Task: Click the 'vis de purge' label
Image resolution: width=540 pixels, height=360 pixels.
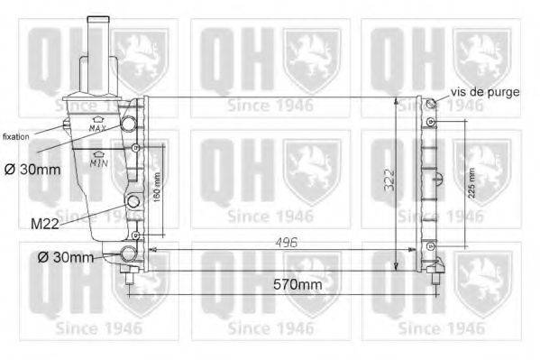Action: (485, 92)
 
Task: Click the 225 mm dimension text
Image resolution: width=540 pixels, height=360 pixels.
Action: (471, 184)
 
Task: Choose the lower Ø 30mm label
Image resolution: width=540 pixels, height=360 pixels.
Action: (67, 258)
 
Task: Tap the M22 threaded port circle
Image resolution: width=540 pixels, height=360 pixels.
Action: (134, 200)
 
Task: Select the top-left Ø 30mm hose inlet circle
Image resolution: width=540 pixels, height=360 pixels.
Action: (131, 120)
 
